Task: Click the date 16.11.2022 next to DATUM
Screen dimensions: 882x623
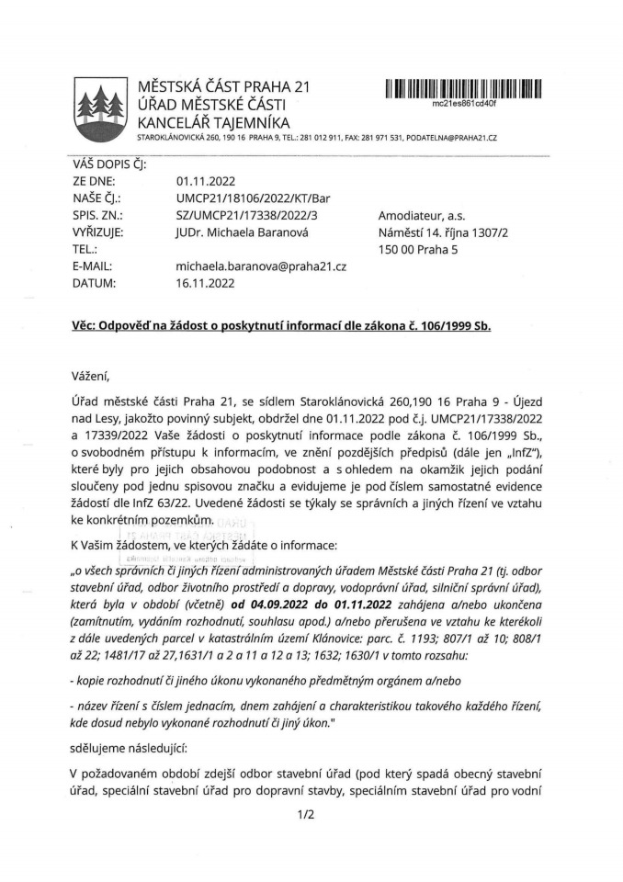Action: pos(205,283)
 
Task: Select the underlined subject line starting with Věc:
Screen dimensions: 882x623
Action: pos(281,325)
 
